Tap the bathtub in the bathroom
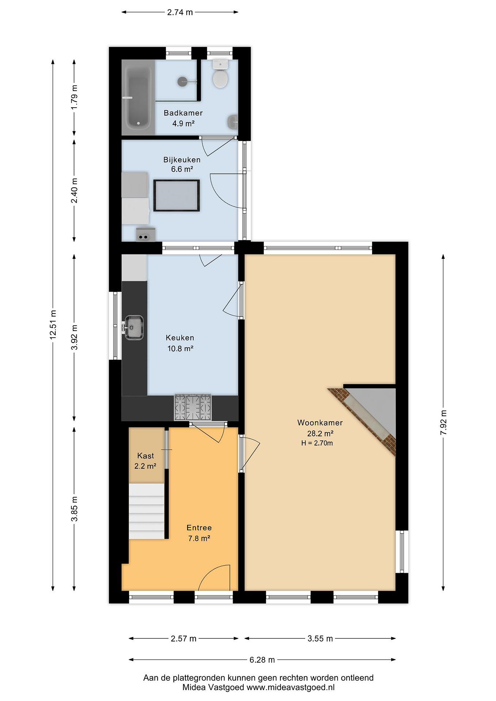[x=138, y=97]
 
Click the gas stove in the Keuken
[x=193, y=407]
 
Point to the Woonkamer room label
[x=320, y=423]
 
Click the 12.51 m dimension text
[x=53, y=324]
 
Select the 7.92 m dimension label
[x=443, y=423]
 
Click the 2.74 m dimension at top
[x=180, y=12]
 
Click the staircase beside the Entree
[x=147, y=511]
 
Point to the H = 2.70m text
[x=317, y=443]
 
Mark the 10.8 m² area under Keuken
[x=180, y=348]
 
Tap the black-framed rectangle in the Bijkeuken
[x=177, y=195]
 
